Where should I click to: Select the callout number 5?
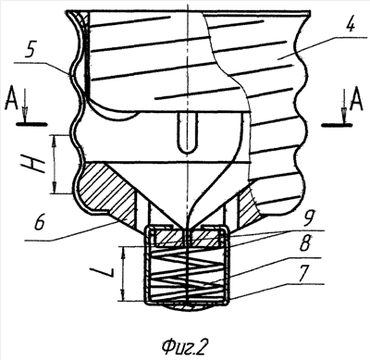30,51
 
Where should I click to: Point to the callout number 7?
303,272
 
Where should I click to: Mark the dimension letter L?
102,273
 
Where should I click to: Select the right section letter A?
357,100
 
